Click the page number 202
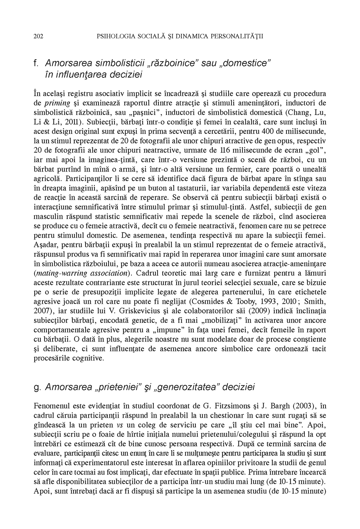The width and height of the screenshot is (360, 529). (38, 36)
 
